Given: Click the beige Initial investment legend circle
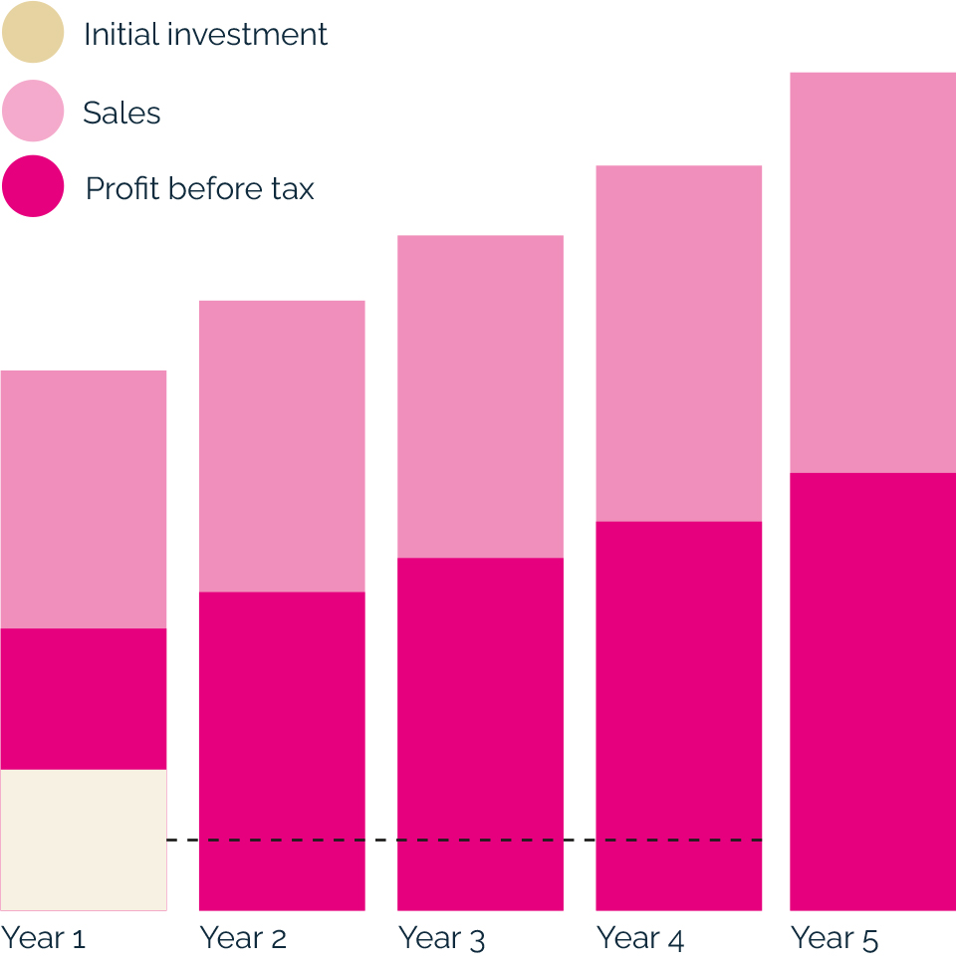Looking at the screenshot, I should (32, 33).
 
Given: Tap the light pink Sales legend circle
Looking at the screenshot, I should (32, 111).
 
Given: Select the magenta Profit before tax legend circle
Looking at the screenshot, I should (32, 186).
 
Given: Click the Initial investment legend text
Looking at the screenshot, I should (205, 34).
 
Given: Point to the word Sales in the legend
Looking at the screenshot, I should (121, 113).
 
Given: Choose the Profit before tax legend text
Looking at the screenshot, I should (199, 188).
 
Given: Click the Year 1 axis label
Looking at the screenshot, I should (44, 938).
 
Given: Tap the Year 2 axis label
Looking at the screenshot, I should (243, 938).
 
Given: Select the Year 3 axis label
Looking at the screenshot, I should (441, 938).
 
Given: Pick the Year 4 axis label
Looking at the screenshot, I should (639, 938).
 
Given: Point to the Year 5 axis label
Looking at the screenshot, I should (835, 938).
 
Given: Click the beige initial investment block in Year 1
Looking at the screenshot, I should (84, 840).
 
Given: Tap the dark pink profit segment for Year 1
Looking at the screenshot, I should (84, 698).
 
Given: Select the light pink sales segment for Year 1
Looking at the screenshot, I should (84, 499).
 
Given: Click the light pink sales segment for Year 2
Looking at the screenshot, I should (282, 446).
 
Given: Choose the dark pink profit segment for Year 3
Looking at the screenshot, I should (480, 733).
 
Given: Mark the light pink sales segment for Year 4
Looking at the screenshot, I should (678, 343).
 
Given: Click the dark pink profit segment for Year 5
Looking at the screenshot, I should (872, 691).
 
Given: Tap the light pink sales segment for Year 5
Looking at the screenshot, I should (872, 272).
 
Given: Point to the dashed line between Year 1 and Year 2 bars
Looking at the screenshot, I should (182, 841).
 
